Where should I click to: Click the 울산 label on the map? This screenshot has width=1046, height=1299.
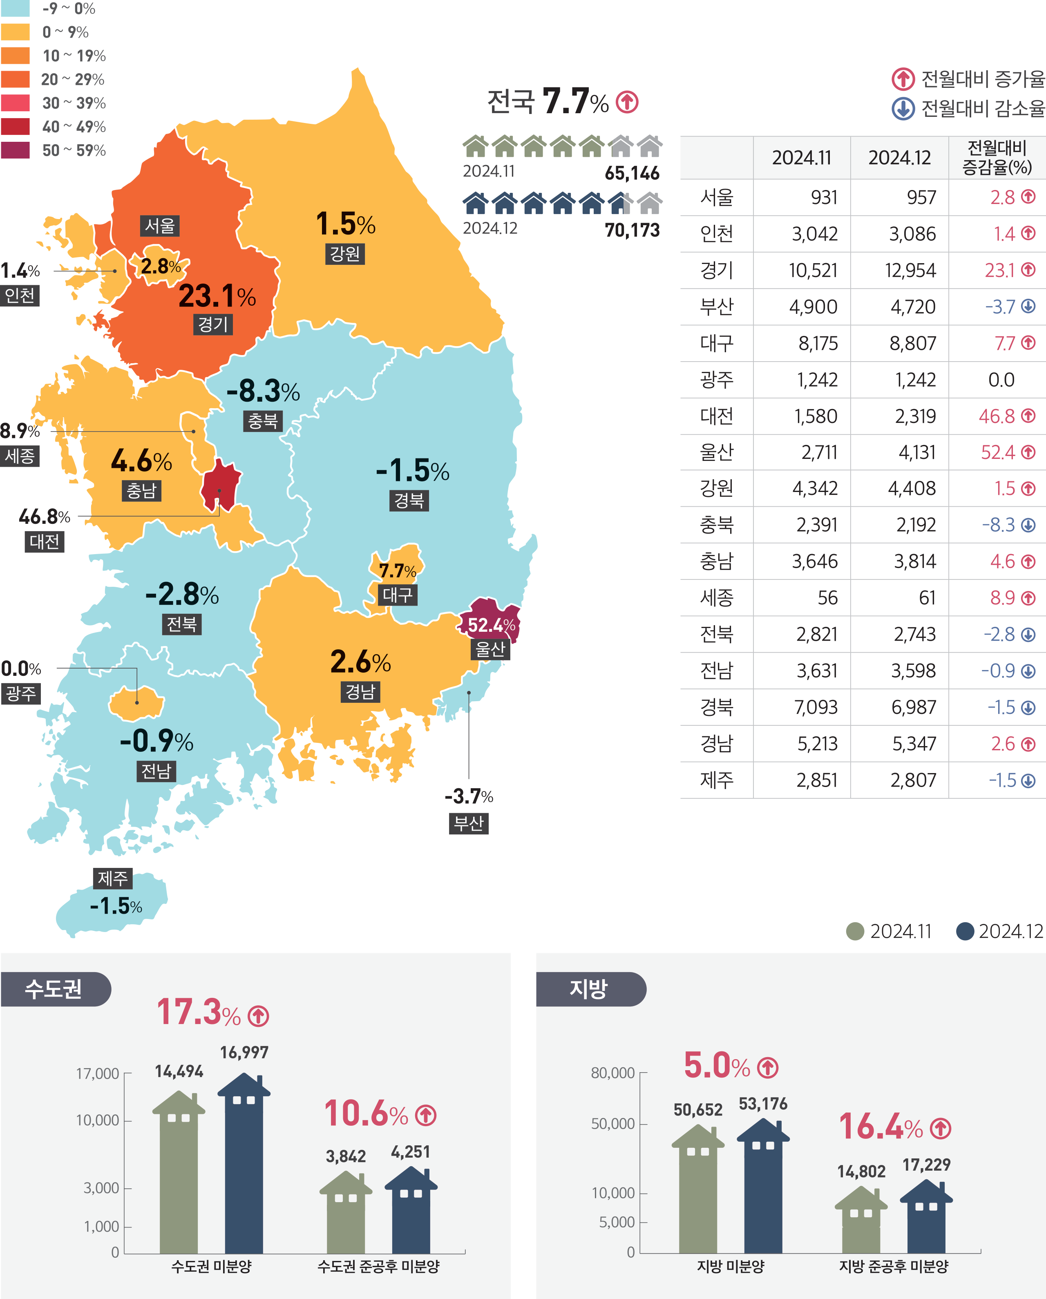point(490,650)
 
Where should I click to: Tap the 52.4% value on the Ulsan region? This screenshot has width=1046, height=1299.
point(491,626)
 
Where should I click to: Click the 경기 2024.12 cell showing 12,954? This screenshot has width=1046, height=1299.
point(910,271)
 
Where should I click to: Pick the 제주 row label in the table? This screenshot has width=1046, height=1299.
point(716,780)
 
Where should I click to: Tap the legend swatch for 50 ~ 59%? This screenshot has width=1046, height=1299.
point(16,150)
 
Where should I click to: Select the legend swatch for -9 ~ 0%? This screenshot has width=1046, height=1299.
point(16,9)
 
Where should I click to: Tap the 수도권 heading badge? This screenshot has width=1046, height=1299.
point(54,989)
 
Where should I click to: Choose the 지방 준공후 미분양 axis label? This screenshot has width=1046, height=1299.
point(894,1266)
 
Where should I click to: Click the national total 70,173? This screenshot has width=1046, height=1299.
point(632,230)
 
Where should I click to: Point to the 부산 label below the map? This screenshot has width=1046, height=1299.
point(469,823)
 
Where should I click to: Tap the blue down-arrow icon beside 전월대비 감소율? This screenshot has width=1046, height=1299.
point(903,109)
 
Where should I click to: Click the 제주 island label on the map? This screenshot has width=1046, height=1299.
point(113,879)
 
